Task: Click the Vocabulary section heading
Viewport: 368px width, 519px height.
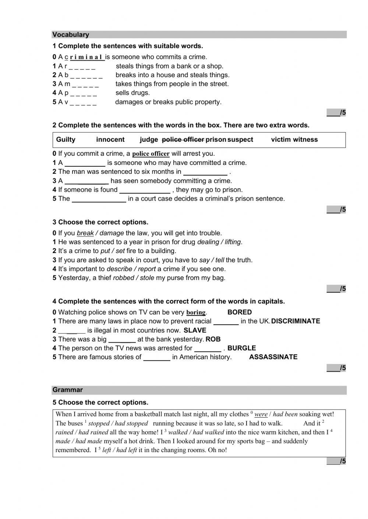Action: point(71,35)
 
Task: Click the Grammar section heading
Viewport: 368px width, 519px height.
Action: point(67,390)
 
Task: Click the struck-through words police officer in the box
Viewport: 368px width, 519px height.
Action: point(183,140)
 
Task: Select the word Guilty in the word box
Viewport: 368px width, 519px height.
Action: point(66,140)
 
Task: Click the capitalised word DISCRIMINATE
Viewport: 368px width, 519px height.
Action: point(296,321)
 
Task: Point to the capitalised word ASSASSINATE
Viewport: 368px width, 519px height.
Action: point(273,357)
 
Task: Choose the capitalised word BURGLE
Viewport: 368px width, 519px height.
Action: point(241,348)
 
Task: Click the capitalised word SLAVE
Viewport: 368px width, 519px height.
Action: point(195,330)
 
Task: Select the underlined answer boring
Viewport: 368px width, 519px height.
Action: point(196,313)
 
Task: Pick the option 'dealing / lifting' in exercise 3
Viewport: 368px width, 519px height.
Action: point(219,242)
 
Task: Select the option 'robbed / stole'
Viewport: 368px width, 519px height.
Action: point(133,278)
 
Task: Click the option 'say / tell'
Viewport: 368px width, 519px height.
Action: point(212,260)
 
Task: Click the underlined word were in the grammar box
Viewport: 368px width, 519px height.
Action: point(261,414)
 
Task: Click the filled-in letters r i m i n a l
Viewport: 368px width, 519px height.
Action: point(87,57)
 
